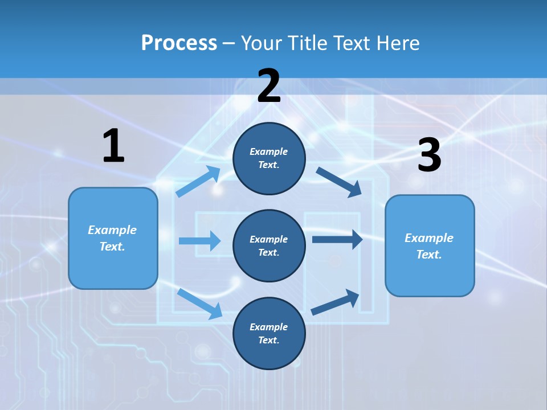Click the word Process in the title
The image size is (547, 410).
click(179, 43)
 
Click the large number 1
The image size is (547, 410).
click(113, 146)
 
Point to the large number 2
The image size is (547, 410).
click(269, 86)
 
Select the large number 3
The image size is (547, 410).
click(429, 155)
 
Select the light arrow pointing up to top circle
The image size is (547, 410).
click(198, 182)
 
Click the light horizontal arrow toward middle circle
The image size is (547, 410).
click(199, 241)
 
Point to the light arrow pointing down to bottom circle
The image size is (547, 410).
click(199, 303)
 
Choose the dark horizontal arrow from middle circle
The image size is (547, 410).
click(337, 239)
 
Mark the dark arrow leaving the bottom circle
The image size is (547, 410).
click(335, 302)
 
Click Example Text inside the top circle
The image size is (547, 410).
click(269, 158)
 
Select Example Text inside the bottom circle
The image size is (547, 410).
click(269, 333)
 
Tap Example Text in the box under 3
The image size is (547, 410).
click(429, 246)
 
